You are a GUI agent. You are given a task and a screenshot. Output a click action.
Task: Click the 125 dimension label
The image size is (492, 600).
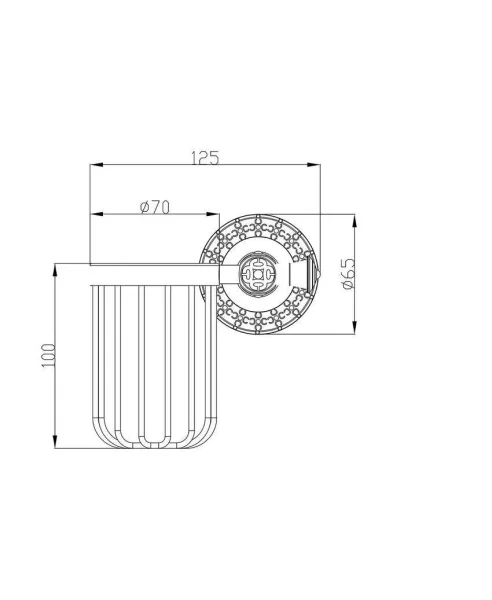tap(205, 158)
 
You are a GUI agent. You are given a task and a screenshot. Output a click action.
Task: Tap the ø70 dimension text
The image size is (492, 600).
tap(155, 207)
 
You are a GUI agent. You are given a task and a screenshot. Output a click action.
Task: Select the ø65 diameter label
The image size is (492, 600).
tap(349, 274)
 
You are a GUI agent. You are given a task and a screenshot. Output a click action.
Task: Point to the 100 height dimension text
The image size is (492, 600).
tap(49, 355)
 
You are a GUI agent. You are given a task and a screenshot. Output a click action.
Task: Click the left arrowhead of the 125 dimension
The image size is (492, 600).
tap(97, 165)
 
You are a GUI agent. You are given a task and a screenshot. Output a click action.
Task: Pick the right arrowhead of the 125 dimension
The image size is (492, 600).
tap(313, 165)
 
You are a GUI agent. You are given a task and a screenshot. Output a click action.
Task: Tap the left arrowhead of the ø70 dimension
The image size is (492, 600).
tap(97, 214)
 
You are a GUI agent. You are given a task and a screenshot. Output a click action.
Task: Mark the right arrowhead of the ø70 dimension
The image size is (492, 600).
tap(213, 214)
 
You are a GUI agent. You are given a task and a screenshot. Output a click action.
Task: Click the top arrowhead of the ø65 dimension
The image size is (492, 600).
tap(354, 221)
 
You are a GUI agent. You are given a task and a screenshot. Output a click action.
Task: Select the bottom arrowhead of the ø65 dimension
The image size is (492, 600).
tap(354, 328)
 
